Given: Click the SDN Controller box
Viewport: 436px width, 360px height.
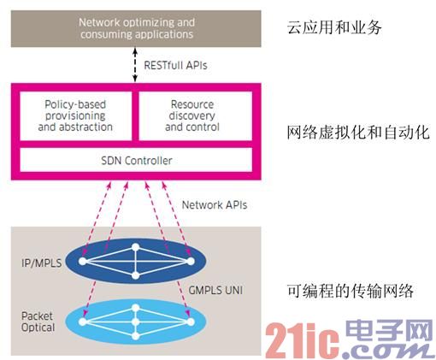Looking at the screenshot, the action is coord(136,160).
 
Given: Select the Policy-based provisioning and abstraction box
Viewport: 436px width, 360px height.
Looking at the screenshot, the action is coord(75,115).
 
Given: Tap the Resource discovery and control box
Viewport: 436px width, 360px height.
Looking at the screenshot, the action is coord(196,115).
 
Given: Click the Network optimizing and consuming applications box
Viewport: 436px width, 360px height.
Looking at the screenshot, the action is coord(136,28).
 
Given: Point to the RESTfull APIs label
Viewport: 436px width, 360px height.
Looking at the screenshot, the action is coord(175,65).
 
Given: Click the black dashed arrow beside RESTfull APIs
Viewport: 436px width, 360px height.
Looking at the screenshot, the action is coord(136,65).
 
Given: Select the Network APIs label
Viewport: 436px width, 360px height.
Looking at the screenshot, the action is coord(215,204).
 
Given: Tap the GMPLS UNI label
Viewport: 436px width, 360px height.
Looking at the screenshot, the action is coord(215,291).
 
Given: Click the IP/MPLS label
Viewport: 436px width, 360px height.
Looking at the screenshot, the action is coord(42,263).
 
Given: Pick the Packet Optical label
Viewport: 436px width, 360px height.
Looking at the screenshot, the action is coord(38,322).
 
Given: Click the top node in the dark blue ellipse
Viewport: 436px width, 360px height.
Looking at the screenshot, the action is coord(136,247).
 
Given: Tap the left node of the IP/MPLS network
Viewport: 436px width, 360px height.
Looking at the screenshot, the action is coord(83,261).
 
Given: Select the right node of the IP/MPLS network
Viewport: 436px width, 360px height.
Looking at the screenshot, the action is coord(191,261).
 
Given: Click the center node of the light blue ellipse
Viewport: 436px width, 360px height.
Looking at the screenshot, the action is coord(136,322).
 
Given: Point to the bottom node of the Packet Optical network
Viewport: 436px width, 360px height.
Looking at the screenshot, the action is coord(136,336).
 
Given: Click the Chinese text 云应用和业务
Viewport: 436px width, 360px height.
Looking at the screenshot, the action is coord(334,27).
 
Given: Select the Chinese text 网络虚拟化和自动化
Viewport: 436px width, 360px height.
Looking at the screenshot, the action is coord(358,133).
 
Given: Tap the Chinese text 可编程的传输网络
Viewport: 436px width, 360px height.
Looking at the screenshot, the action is coord(351,291).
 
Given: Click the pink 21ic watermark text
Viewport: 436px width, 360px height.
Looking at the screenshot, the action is coord(303,340).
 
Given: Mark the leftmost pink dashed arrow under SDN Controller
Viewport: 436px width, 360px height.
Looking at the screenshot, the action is coord(97,219).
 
